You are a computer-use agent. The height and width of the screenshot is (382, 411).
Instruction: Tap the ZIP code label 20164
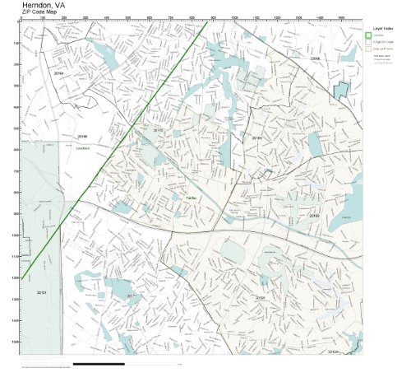pyautogui.click(x=58, y=74)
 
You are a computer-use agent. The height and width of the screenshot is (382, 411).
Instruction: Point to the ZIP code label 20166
pyautogui.click(x=81, y=135)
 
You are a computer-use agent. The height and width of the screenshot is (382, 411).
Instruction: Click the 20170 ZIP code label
pyautogui.click(x=159, y=130)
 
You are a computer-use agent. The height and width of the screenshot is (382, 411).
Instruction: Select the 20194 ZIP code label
pyautogui.click(x=256, y=138)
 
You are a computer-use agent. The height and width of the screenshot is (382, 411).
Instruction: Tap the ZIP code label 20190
pyautogui.click(x=315, y=216)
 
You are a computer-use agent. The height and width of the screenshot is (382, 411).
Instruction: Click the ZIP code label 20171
pyautogui.click(x=132, y=295)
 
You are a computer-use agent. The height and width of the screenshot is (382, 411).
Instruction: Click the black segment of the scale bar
pyautogui.click(x=99, y=363)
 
